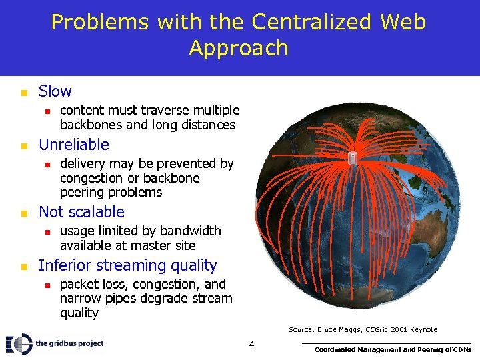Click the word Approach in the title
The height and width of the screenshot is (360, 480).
(x=239, y=48)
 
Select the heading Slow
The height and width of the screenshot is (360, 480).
(x=55, y=91)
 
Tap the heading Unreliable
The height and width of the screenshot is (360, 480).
(x=73, y=145)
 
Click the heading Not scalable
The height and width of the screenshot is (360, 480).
(x=81, y=212)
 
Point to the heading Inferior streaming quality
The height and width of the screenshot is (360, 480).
(x=127, y=265)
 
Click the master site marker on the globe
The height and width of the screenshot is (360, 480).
(x=353, y=158)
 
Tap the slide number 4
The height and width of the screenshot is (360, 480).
(x=251, y=345)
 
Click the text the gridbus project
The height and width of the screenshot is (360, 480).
(x=70, y=344)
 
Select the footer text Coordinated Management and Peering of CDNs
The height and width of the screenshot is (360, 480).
(x=393, y=349)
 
